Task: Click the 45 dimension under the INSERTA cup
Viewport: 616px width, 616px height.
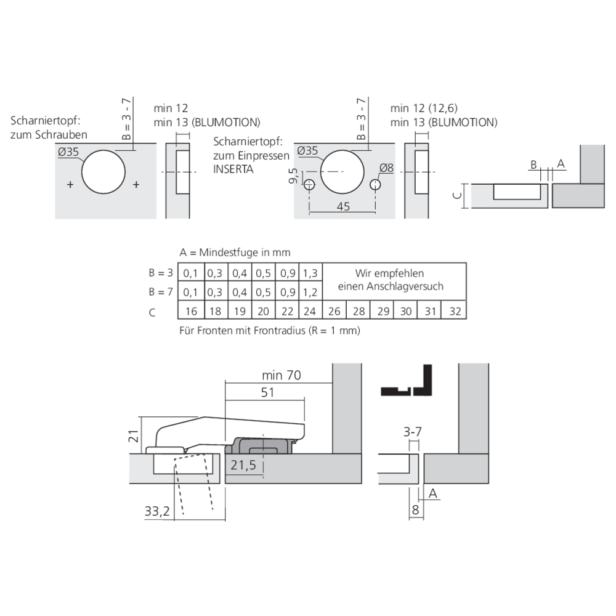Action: pyautogui.click(x=344, y=206)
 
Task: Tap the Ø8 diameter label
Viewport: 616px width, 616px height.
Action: pyautogui.click(x=387, y=168)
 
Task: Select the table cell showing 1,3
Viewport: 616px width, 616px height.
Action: pyautogui.click(x=311, y=273)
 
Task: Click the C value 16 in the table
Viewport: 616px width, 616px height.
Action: pyautogui.click(x=190, y=311)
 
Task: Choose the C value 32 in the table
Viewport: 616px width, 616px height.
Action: pyautogui.click(x=455, y=311)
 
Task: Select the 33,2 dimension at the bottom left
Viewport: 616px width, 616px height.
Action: pyautogui.click(x=157, y=511)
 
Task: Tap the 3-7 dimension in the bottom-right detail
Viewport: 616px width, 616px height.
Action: pyautogui.click(x=414, y=433)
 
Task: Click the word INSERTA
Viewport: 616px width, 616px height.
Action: pyautogui.click(x=233, y=168)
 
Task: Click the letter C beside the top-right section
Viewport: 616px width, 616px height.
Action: pyautogui.click(x=456, y=195)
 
